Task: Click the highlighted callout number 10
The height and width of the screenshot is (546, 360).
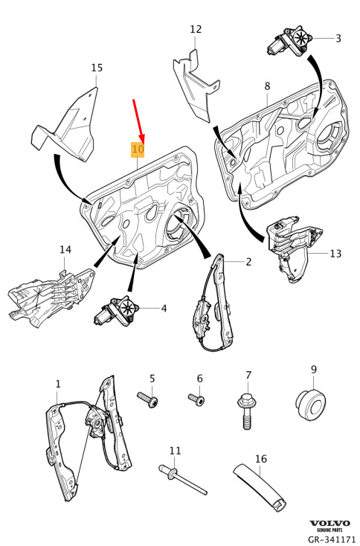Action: pyautogui.click(x=138, y=150)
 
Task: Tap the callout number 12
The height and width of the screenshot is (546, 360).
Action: pyautogui.click(x=196, y=29)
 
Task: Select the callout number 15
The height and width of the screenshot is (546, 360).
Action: pyautogui.click(x=97, y=68)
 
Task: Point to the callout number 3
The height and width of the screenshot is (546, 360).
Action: pyautogui.click(x=338, y=38)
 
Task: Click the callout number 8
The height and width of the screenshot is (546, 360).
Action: pyautogui.click(x=267, y=86)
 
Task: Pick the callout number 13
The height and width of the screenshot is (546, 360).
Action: pyautogui.click(x=335, y=253)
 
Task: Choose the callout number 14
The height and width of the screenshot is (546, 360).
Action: pyautogui.click(x=65, y=250)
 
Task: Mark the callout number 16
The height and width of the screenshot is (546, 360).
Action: pyautogui.click(x=261, y=459)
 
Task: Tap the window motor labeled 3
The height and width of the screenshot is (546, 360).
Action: pyautogui.click(x=290, y=42)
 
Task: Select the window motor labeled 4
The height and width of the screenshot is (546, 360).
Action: pyautogui.click(x=117, y=311)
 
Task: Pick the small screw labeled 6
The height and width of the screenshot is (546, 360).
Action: pyautogui.click(x=196, y=399)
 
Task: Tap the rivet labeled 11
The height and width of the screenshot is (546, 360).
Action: pyautogui.click(x=182, y=479)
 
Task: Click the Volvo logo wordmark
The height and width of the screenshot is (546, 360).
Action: pyautogui.click(x=330, y=524)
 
